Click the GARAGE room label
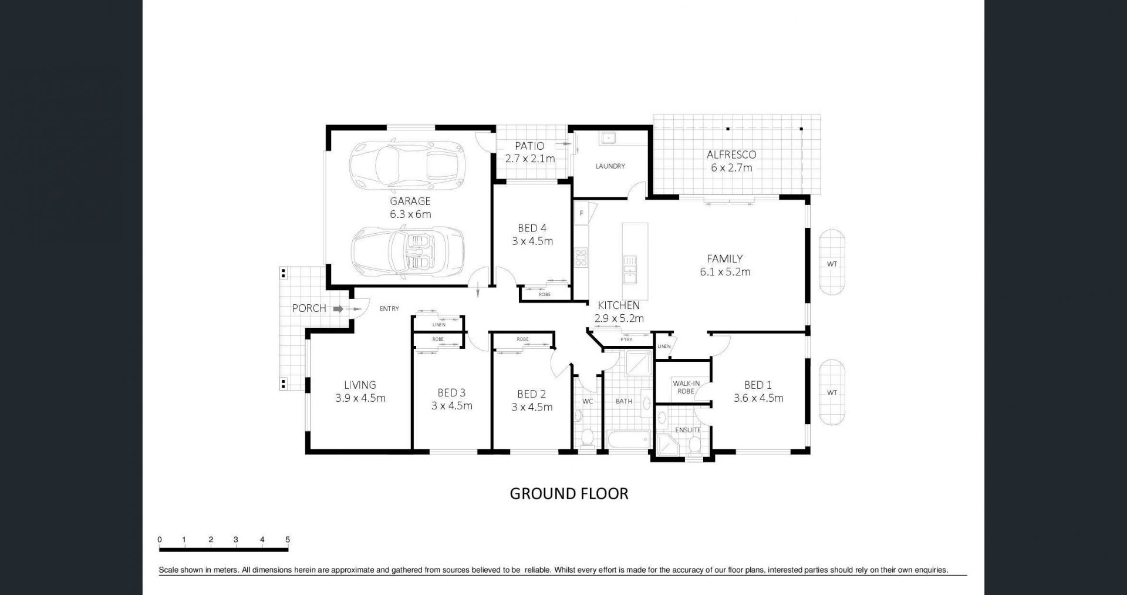click(410, 201)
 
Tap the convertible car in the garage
click(408, 252)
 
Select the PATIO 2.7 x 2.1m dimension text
click(530, 159)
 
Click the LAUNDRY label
click(610, 166)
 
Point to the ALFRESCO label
click(731, 155)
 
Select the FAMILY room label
click(725, 258)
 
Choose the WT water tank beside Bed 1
click(832, 392)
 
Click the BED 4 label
click(532, 228)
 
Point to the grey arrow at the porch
click(338, 308)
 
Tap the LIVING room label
click(360, 385)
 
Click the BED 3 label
click(451, 392)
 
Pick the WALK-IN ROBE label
click(686, 387)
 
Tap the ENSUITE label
click(688, 430)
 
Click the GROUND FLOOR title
click(569, 493)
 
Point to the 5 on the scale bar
click(288, 540)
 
